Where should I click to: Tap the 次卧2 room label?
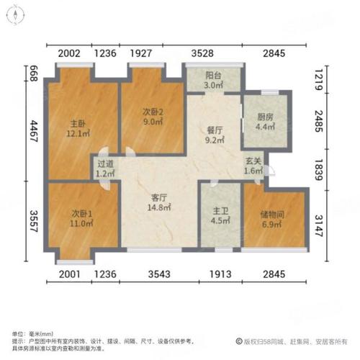152,112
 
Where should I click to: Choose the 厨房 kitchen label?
265,118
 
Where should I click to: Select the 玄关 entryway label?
253,161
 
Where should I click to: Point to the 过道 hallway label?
105,163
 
